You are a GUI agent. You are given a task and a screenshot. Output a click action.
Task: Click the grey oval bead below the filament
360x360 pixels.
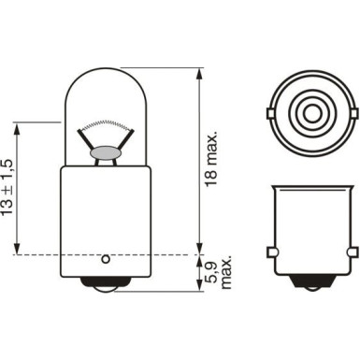pos(106,153)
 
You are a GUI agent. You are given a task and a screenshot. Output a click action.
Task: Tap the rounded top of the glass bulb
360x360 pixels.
pos(106,69)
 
